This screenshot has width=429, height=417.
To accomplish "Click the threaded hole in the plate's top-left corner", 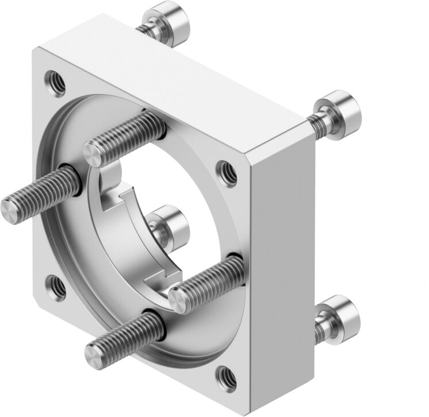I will (x=55, y=80).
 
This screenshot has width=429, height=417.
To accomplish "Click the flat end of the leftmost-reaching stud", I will (x=13, y=208).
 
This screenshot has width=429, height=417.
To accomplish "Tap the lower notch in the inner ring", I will (x=161, y=278).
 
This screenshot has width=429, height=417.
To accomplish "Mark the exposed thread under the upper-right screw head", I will (x=316, y=122).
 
